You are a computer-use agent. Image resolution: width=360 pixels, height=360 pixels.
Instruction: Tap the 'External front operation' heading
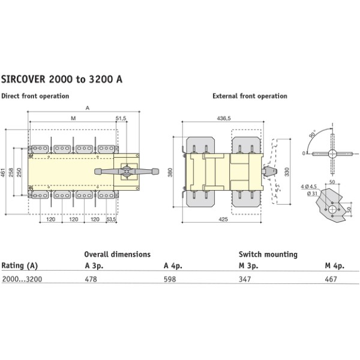pos(250,96)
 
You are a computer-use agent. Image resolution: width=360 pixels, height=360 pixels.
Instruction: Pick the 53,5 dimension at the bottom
pos(111,220)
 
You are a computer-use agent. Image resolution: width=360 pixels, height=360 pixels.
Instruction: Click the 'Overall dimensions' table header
pos(117,254)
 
